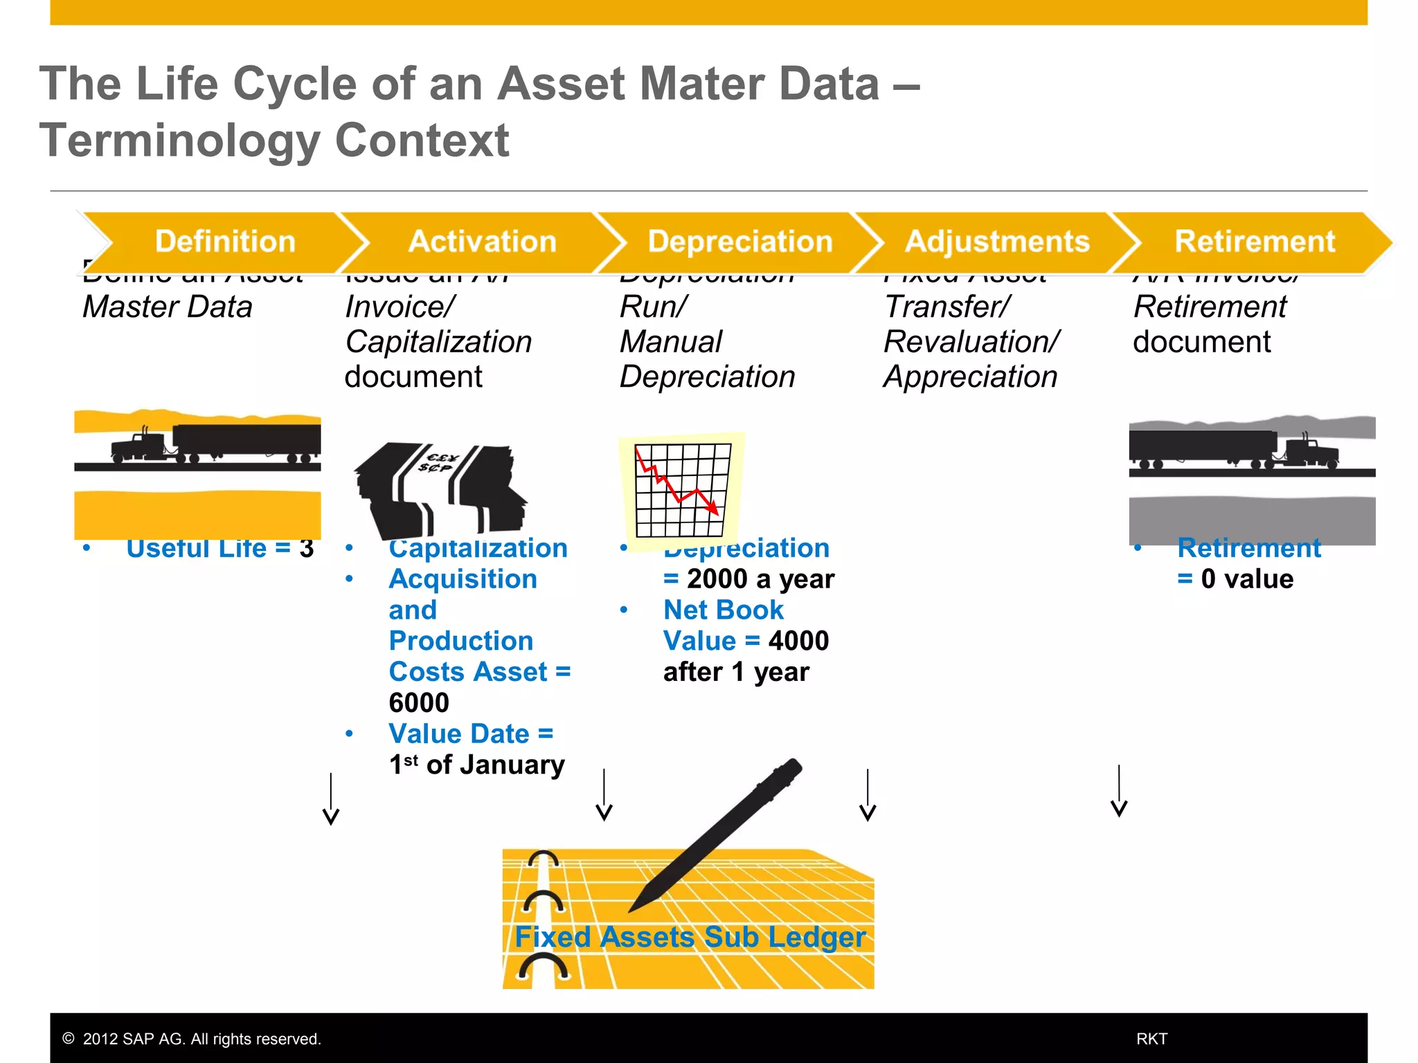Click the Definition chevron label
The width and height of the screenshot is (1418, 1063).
(x=225, y=242)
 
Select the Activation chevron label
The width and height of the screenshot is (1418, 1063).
(x=482, y=242)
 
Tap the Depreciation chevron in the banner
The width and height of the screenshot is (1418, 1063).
(x=739, y=242)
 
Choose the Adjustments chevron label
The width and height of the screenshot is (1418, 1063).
(x=997, y=242)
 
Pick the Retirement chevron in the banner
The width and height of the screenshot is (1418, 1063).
(x=1254, y=242)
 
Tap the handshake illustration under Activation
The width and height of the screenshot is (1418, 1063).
(x=440, y=488)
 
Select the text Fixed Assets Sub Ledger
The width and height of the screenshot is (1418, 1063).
(x=690, y=937)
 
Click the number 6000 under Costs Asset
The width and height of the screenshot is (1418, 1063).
(x=419, y=702)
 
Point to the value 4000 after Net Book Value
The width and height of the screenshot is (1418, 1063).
(x=798, y=641)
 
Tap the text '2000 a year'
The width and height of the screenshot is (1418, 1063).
(x=760, y=579)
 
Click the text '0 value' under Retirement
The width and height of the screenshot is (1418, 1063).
(x=1246, y=579)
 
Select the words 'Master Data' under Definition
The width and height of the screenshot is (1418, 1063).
(x=168, y=307)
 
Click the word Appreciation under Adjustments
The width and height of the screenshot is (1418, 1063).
(x=970, y=376)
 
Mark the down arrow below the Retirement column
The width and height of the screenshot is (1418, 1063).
(x=1119, y=792)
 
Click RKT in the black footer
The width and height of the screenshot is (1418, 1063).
(x=1151, y=1039)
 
